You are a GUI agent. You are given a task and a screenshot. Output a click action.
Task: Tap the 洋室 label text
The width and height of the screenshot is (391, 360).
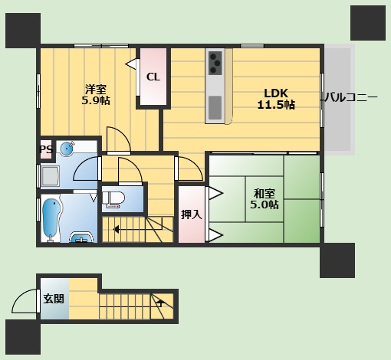(x=95, y=87)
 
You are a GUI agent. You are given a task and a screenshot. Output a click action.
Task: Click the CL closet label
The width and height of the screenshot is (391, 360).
(x=153, y=77)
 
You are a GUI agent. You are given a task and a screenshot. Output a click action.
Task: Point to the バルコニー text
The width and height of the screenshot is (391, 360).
(x=350, y=98)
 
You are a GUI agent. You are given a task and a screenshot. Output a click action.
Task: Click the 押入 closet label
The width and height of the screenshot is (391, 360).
(x=192, y=214)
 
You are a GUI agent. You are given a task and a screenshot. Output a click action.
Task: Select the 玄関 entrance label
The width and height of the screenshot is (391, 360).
(x=54, y=299)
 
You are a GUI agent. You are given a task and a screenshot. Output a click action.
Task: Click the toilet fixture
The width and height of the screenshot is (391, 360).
(x=114, y=199)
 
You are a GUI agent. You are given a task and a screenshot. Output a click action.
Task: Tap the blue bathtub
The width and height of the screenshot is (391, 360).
(x=51, y=218)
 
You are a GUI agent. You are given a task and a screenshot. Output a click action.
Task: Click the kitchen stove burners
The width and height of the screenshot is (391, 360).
(x=215, y=62)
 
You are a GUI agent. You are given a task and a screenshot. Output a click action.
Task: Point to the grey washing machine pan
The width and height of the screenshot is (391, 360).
(x=52, y=176)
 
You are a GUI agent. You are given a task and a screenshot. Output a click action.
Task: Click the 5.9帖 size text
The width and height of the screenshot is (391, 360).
(x=96, y=100)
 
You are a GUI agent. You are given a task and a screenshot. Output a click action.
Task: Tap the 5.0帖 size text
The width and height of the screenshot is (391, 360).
(x=264, y=205)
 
